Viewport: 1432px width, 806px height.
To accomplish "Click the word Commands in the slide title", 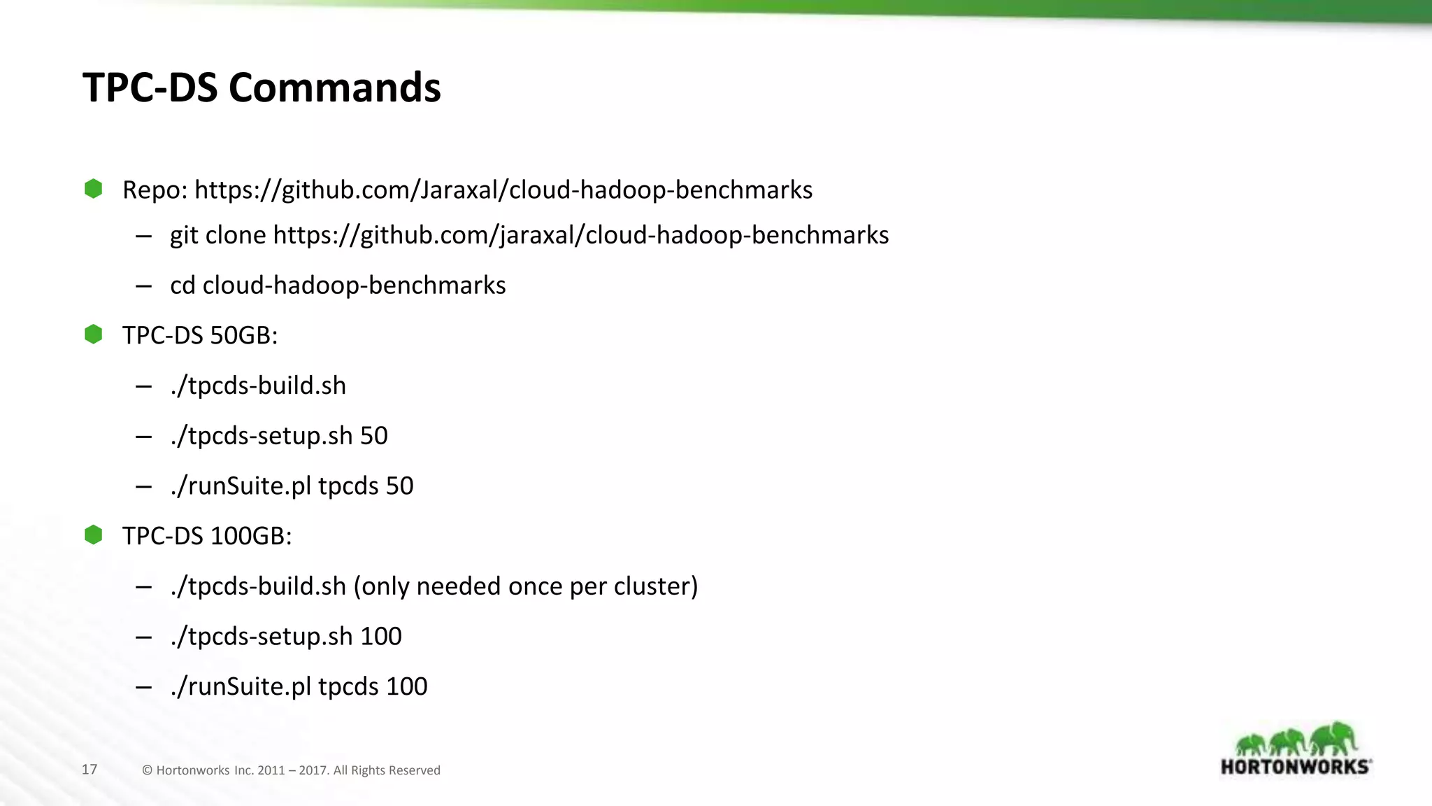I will pyautogui.click(x=334, y=88).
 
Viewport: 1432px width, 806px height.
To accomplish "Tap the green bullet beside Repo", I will pyautogui.click(x=93, y=189).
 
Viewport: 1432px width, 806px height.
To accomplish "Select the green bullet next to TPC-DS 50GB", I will pyautogui.click(x=93, y=334).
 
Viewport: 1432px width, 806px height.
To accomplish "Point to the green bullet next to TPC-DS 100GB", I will pyautogui.click(x=93, y=535).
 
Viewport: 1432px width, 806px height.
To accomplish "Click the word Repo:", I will pyautogui.click(x=155, y=190).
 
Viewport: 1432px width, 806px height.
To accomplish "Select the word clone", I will pyautogui.click(x=236, y=236).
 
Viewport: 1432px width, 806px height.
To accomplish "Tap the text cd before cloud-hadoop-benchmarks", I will pyautogui.click(x=182, y=285).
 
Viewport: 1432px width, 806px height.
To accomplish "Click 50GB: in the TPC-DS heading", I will pyautogui.click(x=244, y=336).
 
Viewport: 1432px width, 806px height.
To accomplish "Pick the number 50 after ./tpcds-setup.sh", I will pyautogui.click(x=373, y=436).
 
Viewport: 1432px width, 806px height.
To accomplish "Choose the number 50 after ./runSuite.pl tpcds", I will pyautogui.click(x=399, y=486).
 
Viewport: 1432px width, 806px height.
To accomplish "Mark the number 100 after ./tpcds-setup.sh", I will pyautogui.click(x=380, y=637).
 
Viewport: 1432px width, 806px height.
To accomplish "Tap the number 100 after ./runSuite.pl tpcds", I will pyautogui.click(x=406, y=687).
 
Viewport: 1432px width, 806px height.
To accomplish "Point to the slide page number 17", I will pyautogui.click(x=89, y=770).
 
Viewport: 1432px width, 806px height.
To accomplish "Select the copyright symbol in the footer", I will pyautogui.click(x=147, y=770).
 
